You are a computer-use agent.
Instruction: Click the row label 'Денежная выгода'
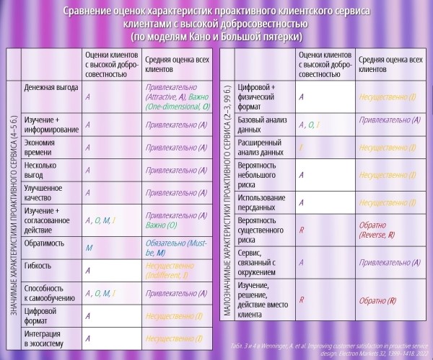[47, 87]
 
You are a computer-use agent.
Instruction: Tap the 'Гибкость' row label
[38, 266]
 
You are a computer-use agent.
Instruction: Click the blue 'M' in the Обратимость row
[88, 246]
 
